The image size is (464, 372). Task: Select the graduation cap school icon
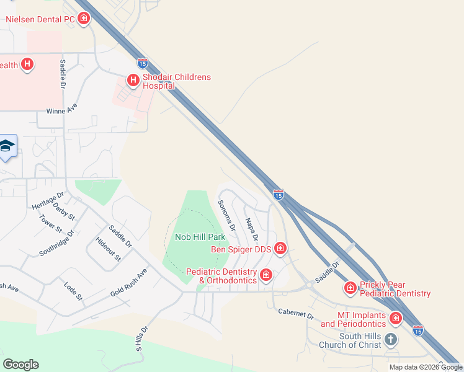click(x=7, y=146)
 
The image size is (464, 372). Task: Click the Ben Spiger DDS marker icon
click(x=280, y=249)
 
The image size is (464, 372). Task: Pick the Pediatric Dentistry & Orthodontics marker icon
click(x=266, y=275)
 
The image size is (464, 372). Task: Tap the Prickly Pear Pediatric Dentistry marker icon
click(x=350, y=288)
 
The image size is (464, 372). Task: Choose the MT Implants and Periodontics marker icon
click(x=396, y=319)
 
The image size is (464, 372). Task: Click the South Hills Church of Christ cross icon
click(x=390, y=339)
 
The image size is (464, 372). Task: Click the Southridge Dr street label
click(x=56, y=244)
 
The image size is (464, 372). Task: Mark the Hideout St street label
click(x=108, y=249)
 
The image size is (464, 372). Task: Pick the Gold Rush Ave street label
click(x=129, y=282)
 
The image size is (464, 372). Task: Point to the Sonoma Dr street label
click(x=226, y=216)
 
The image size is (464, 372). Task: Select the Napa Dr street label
click(x=251, y=229)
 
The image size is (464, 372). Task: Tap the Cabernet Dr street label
click(x=296, y=314)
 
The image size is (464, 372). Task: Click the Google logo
click(x=20, y=365)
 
